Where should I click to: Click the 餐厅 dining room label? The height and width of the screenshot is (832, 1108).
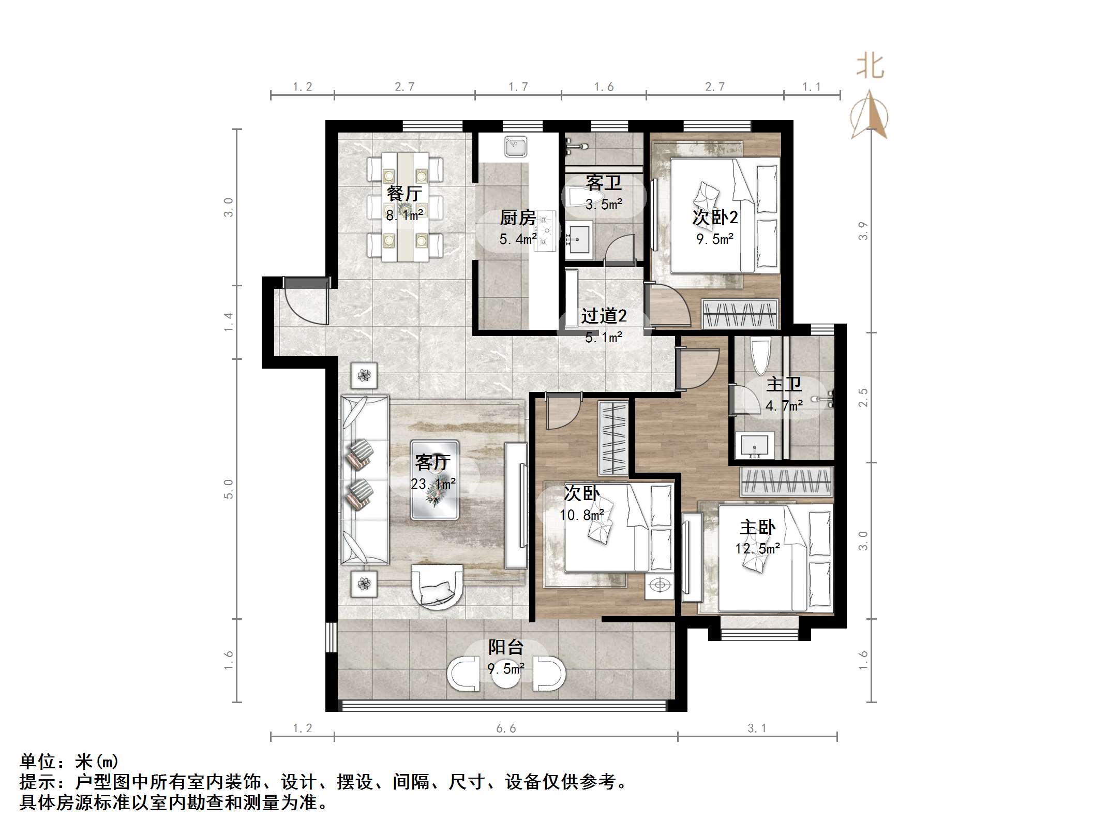click(404, 194)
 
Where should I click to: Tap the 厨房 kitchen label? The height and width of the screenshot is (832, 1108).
click(517, 218)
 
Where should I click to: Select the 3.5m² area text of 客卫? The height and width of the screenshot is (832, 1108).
click(603, 205)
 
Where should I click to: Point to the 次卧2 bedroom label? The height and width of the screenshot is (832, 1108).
click(715, 217)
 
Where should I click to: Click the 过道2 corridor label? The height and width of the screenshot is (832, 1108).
click(603, 316)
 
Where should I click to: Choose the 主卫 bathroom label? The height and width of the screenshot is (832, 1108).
click(784, 384)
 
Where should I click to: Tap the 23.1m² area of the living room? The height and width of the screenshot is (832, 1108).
click(433, 484)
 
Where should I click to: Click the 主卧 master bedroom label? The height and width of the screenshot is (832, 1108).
click(757, 528)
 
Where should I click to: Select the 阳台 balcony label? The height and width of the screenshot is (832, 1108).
click(506, 647)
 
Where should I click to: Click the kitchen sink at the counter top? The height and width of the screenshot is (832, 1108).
click(516, 147)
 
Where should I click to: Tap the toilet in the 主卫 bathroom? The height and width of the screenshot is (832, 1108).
click(760, 356)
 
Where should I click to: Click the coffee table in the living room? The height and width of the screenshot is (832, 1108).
click(435, 480)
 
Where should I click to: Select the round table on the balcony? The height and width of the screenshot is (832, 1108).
click(505, 674)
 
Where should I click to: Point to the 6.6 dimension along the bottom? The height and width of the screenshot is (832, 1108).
click(506, 728)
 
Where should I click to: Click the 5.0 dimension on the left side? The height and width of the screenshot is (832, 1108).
click(229, 489)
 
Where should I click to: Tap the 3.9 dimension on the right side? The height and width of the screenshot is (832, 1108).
click(862, 231)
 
